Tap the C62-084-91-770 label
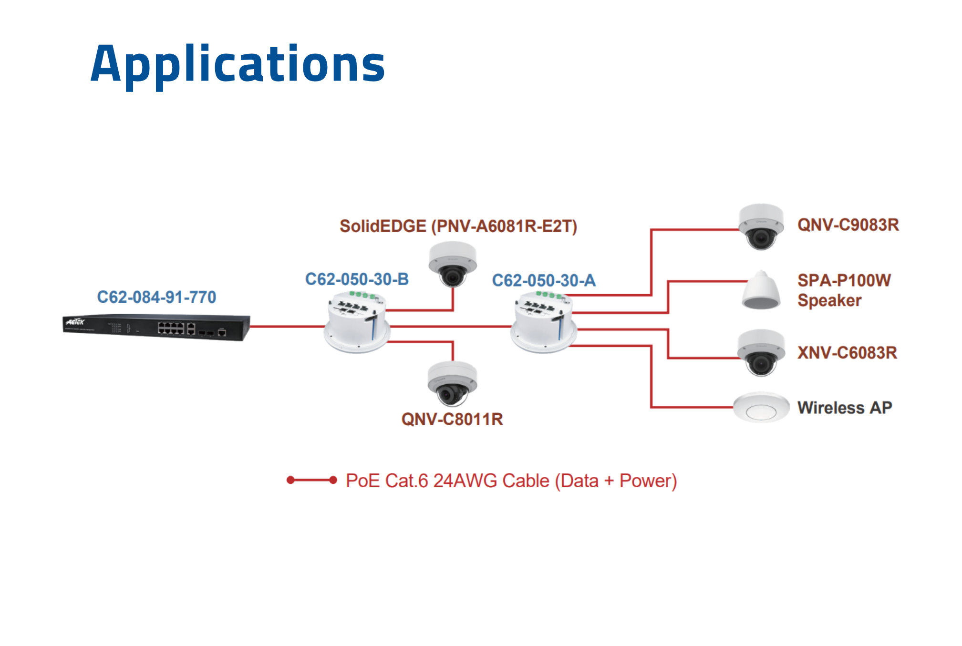[156, 297]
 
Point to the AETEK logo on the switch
[75, 322]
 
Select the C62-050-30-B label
[357, 279]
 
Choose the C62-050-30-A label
[544, 281]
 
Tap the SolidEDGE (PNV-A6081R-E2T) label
[458, 226]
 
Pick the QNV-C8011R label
[452, 420]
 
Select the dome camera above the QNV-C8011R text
[452, 383]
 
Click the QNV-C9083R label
[848, 225]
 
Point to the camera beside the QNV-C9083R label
[761, 226]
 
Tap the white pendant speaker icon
[761, 290]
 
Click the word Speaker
[829, 301]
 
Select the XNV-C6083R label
[847, 353]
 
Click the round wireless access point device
[761, 408]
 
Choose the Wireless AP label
[845, 408]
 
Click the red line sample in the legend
[312, 480]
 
